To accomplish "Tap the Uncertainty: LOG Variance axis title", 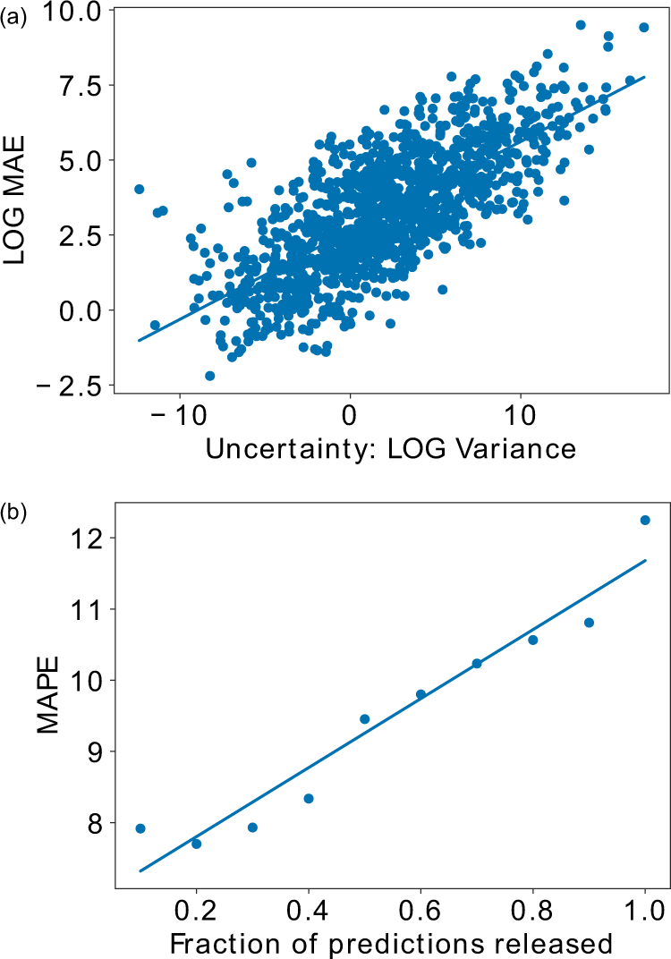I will (x=390, y=448).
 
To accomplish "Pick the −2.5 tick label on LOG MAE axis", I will (x=74, y=386).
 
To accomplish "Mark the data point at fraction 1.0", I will (x=644, y=520).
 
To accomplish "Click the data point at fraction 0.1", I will (x=140, y=828).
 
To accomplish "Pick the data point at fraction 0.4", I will (x=309, y=798).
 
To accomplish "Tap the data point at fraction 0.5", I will (x=364, y=718).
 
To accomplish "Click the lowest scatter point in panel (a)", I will (x=210, y=376).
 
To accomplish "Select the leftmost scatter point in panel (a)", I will (x=139, y=189).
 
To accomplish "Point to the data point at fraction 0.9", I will (x=589, y=623).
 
